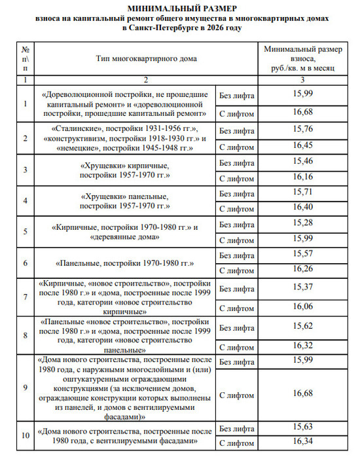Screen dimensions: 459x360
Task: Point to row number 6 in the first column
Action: (25, 263)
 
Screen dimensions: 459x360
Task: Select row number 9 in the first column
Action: (25, 388)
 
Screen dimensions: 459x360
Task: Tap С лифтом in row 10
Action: (236, 444)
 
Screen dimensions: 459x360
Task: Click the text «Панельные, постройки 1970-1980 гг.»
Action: (124, 263)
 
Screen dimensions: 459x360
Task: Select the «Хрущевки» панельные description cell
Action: (124, 201)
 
